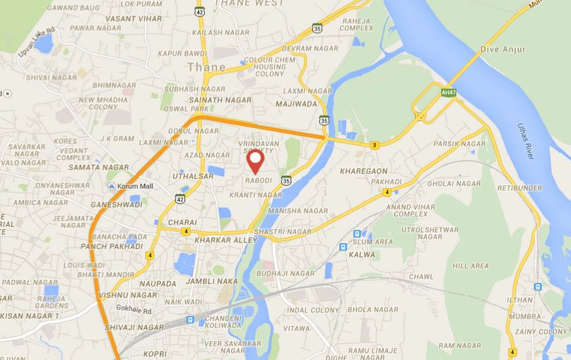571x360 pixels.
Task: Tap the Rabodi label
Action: pyautogui.click(x=257, y=180)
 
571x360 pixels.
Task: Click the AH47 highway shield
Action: pyautogui.click(x=447, y=93)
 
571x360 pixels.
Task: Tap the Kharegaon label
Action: pyautogui.click(x=363, y=171)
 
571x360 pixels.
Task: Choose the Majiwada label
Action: pyautogui.click(x=298, y=104)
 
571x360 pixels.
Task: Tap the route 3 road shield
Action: pyautogui.click(x=374, y=145)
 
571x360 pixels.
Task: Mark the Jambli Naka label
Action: pyautogui.click(x=211, y=281)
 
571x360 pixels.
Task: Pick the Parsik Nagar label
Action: pyautogui.click(x=459, y=144)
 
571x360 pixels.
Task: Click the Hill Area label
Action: pyautogui.click(x=470, y=266)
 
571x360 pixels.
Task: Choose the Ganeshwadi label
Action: pyautogui.click(x=117, y=204)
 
